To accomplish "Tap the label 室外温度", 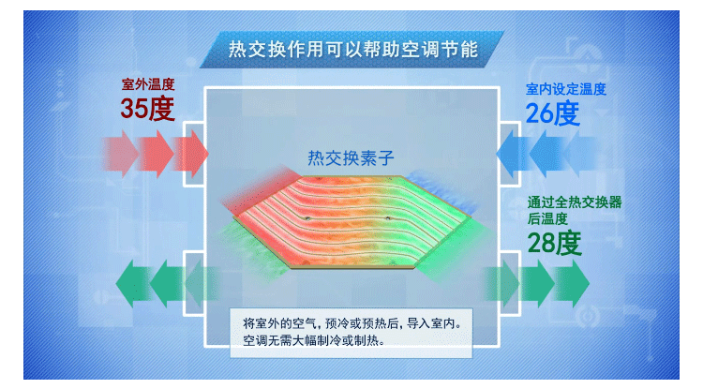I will pos(148,84).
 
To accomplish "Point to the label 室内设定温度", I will pos(566,90).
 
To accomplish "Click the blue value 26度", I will pos(552,114).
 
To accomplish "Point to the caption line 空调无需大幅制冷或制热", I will pos(313,340).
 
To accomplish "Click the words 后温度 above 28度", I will pos(546,217).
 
